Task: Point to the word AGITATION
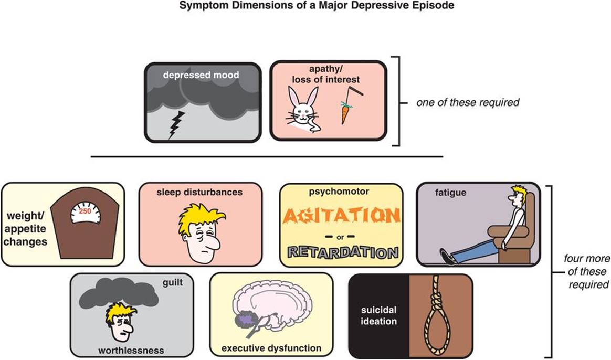click(x=341, y=216)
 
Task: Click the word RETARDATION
click(x=341, y=253)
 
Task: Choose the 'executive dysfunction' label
click(x=271, y=348)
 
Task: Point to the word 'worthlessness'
click(x=131, y=350)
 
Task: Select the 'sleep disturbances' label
click(x=199, y=192)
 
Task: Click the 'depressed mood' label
click(x=201, y=75)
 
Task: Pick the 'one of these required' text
click(x=467, y=102)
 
